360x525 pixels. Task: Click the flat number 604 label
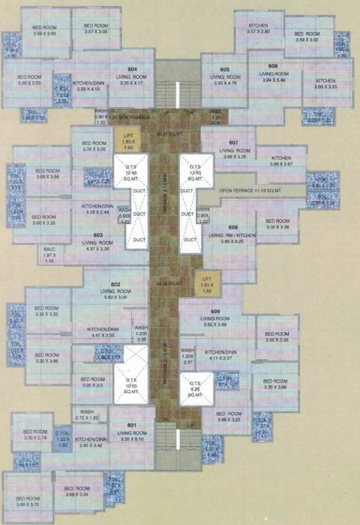tap(132, 69)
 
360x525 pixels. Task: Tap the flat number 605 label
tap(224, 69)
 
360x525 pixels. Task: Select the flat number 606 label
tap(273, 66)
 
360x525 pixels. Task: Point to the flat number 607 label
tap(234, 142)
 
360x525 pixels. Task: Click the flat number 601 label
tap(131, 426)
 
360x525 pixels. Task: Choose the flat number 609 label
tap(215, 312)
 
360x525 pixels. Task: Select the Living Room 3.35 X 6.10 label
tap(131, 435)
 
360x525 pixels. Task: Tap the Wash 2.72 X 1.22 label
tap(85, 414)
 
